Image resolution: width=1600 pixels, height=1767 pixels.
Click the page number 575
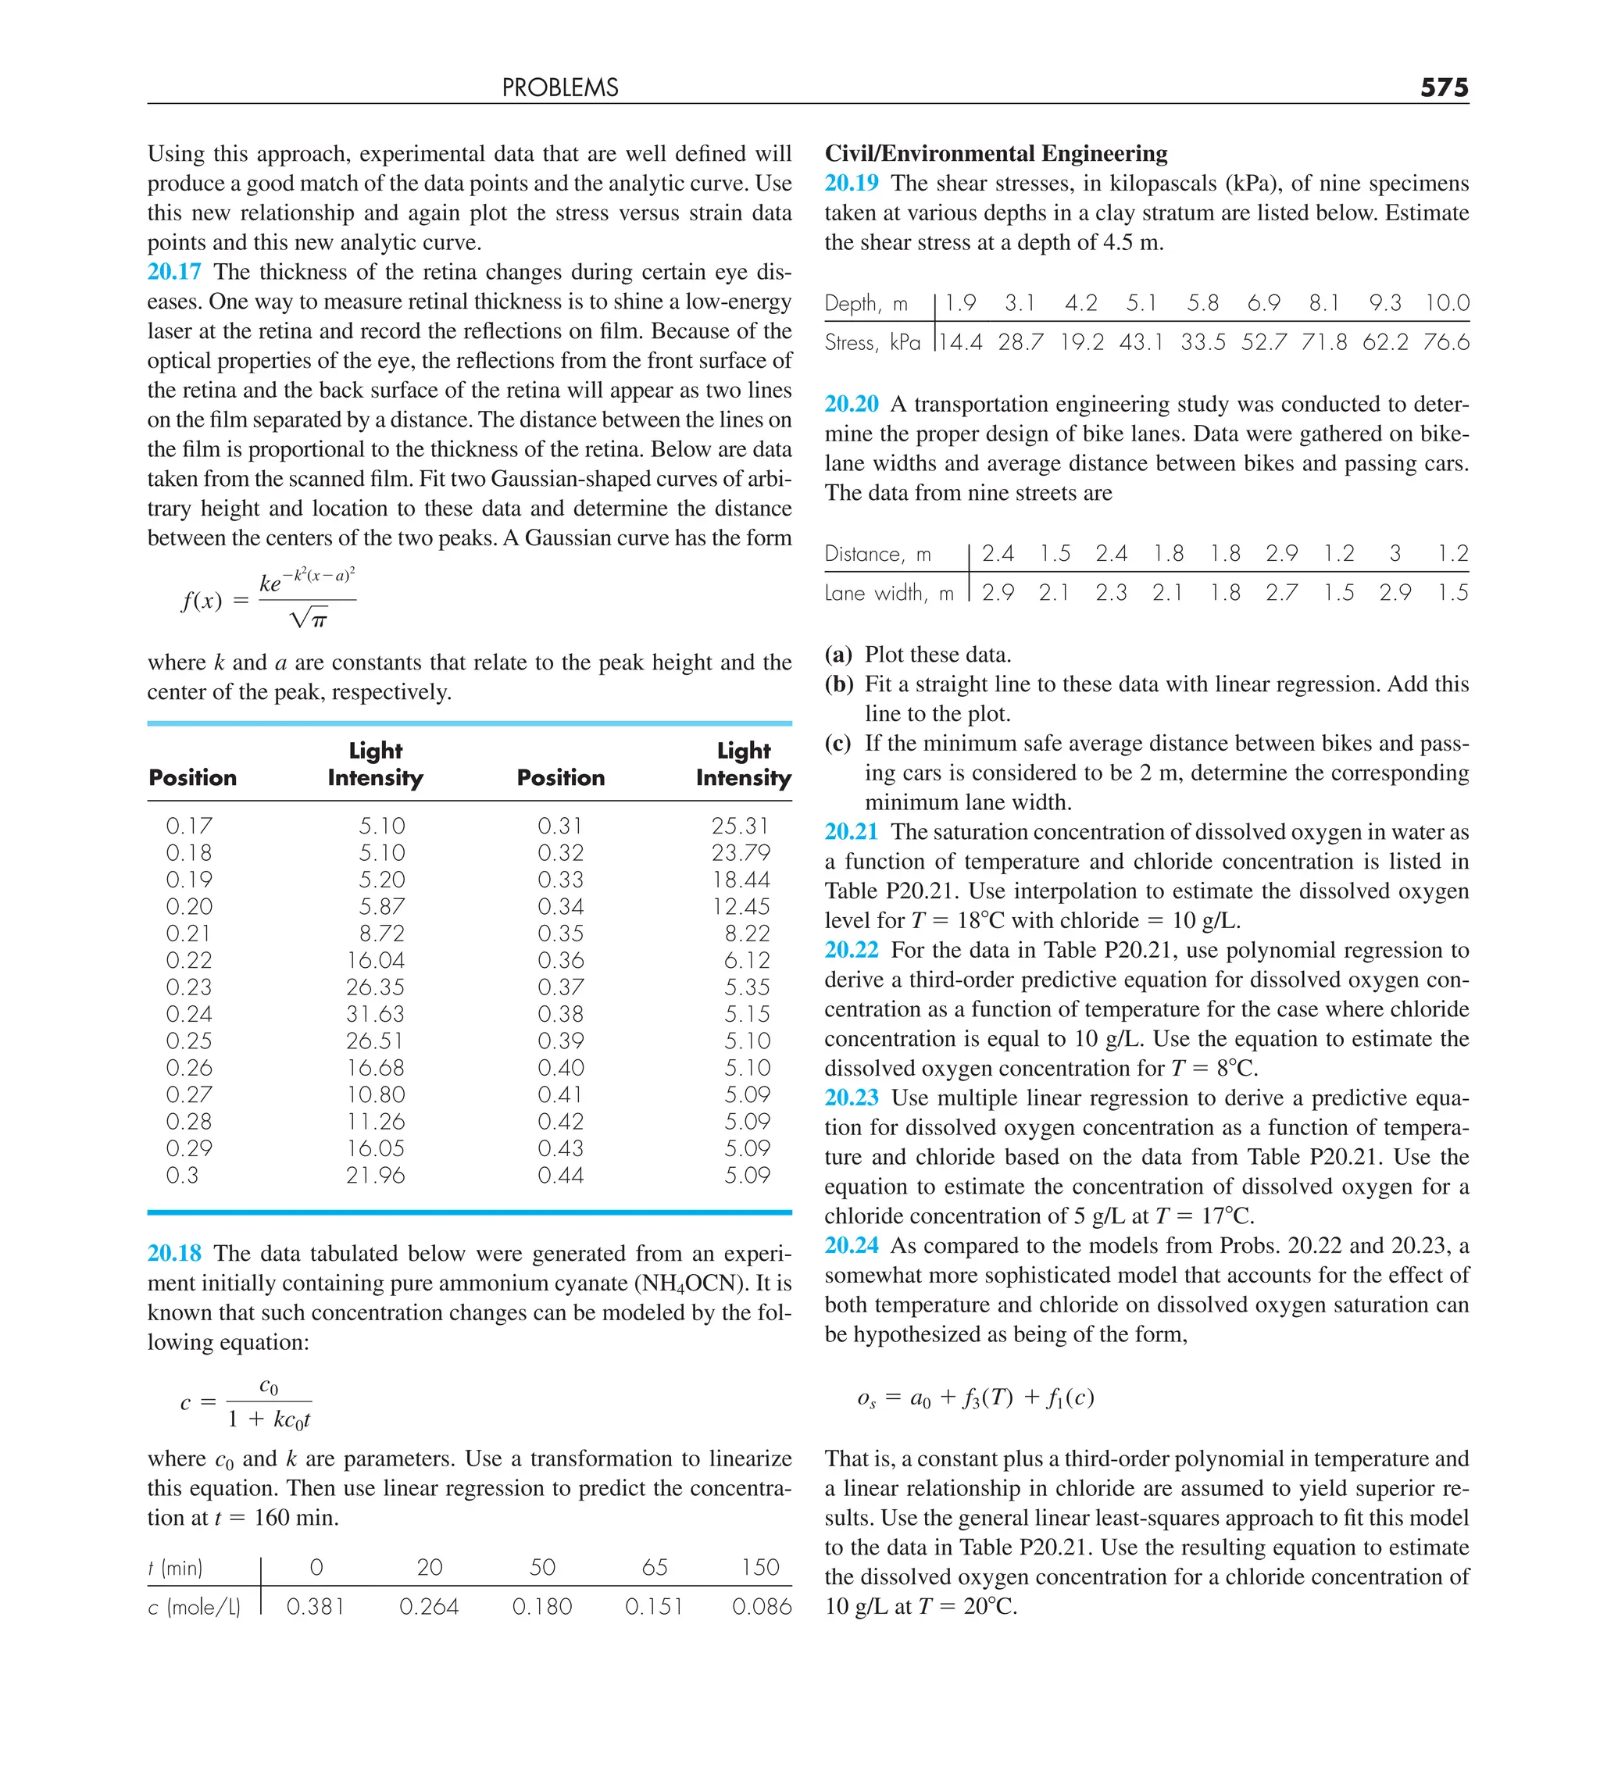(1444, 87)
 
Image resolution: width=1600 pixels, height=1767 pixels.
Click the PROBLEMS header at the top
(559, 87)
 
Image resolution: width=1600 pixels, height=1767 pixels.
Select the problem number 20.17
(173, 272)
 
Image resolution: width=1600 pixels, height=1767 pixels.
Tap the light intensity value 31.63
(375, 1014)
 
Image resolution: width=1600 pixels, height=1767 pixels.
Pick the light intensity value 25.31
(740, 826)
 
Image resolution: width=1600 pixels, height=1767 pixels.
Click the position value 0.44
(560, 1176)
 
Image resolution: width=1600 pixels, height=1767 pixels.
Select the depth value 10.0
(1447, 303)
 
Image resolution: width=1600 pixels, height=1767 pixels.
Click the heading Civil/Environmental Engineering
(996, 153)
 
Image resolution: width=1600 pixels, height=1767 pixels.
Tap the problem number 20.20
(852, 404)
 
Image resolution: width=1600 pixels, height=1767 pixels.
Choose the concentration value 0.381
(316, 1607)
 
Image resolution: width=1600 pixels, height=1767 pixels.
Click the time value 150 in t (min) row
(760, 1567)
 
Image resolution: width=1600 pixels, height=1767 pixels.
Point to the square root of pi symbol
(309, 619)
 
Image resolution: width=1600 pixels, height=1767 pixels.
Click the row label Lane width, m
(889, 594)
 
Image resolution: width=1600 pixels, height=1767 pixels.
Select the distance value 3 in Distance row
(1395, 554)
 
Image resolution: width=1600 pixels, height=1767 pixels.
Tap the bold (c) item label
(837, 743)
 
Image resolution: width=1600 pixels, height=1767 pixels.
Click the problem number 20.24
(852, 1245)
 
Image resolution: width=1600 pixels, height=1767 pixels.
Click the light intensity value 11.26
(375, 1122)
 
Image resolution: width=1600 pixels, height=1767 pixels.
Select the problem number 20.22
(852, 950)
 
